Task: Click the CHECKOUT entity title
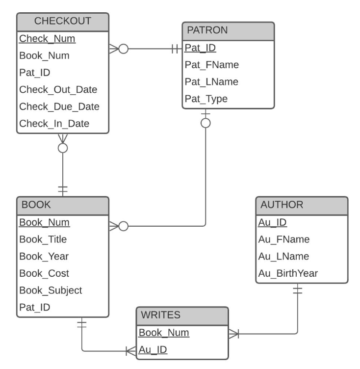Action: click(x=62, y=21)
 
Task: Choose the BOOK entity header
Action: click(x=33, y=205)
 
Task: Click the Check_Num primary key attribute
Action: click(x=47, y=38)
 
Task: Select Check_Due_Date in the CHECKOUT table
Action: click(x=59, y=106)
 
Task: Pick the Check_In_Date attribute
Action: click(x=54, y=124)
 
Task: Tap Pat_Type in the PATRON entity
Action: click(x=206, y=99)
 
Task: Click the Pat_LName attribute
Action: click(x=211, y=82)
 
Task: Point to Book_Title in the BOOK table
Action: click(x=43, y=239)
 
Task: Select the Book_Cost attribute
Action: click(x=44, y=273)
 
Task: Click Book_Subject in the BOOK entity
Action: click(x=50, y=290)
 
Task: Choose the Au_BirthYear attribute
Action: click(x=288, y=273)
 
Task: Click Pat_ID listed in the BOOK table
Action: click(x=34, y=308)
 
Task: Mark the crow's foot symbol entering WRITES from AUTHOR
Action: click(x=233, y=334)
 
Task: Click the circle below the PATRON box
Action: click(x=206, y=123)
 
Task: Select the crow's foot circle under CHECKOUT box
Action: click(x=63, y=147)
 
